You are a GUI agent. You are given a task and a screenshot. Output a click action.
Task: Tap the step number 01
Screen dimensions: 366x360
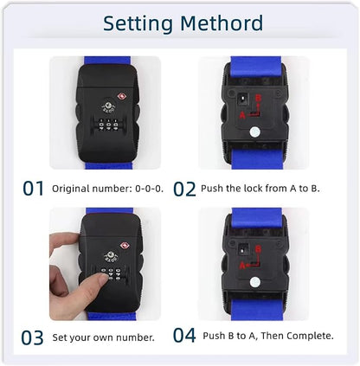33,188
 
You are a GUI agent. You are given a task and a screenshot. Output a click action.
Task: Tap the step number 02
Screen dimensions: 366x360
184,188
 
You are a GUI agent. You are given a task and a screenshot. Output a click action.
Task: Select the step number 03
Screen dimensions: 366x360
33,336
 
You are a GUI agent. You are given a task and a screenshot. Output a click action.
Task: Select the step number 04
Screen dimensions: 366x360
184,336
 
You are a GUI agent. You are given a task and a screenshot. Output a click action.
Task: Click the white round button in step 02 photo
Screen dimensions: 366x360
255,132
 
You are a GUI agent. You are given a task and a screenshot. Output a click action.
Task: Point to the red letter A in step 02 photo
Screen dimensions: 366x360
241,114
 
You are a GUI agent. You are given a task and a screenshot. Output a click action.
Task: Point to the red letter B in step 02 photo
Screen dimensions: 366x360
257,97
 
